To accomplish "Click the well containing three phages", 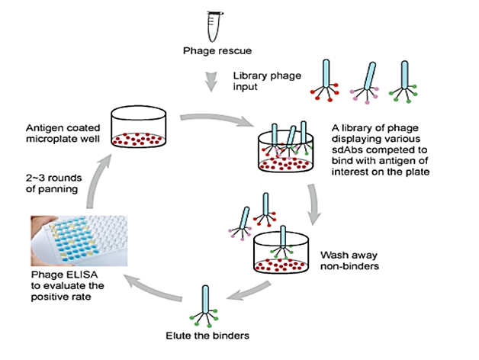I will (x=285, y=149).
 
